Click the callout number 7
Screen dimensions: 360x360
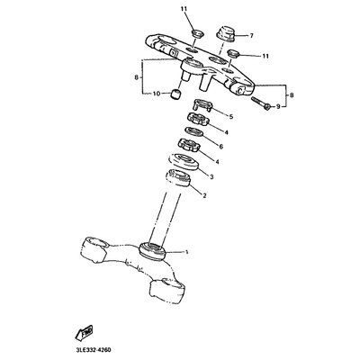click(251, 36)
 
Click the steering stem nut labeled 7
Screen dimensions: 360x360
click(226, 33)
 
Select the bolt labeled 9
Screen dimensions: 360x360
click(261, 103)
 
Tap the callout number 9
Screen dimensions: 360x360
click(278, 106)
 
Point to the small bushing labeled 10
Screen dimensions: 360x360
click(176, 94)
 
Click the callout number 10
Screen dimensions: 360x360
click(157, 94)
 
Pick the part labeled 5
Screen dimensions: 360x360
click(203, 105)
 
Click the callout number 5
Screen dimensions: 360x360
click(231, 117)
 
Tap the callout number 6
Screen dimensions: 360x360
click(221, 147)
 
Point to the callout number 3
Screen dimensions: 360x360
click(211, 177)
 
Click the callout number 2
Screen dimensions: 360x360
click(204, 196)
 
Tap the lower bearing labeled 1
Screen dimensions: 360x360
click(153, 250)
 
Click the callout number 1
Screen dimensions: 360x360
click(186, 252)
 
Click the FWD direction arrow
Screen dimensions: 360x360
click(84, 332)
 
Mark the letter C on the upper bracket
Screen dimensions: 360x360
click(239, 90)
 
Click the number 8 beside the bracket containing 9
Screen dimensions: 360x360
click(292, 95)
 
